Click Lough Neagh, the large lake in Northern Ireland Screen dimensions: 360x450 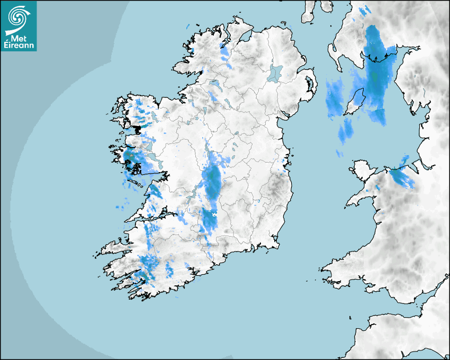click(275, 73)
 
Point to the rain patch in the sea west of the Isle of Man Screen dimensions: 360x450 click(334, 101)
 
